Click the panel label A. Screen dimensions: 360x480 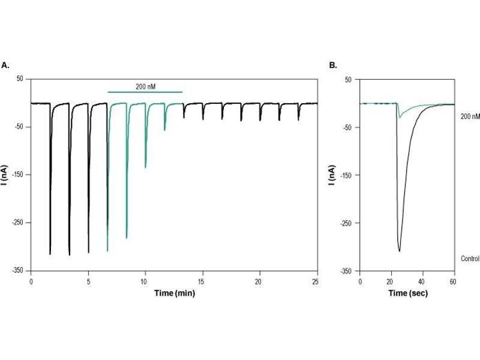point(5,65)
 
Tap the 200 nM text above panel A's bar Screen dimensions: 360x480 point(144,86)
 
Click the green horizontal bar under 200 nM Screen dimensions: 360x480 point(145,92)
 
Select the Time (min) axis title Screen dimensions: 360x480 point(174,294)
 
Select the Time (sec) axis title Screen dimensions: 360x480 point(406,294)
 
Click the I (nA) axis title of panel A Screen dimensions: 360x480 point(5,175)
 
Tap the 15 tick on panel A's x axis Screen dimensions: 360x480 point(202,281)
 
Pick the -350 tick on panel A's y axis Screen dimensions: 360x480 point(20,271)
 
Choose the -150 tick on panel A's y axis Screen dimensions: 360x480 point(20,175)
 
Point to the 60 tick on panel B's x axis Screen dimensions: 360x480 point(453,281)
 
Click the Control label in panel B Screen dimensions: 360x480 point(469,259)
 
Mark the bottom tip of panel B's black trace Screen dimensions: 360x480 point(399,251)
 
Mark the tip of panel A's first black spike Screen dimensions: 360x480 point(50,254)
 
